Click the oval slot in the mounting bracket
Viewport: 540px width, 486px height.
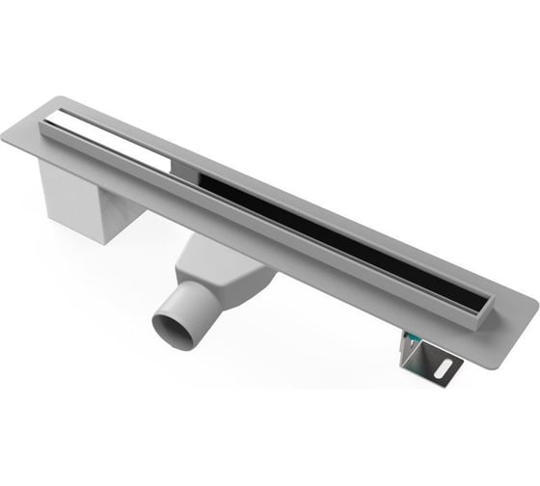click(x=446, y=366)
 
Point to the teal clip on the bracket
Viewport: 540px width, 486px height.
click(x=412, y=338)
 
